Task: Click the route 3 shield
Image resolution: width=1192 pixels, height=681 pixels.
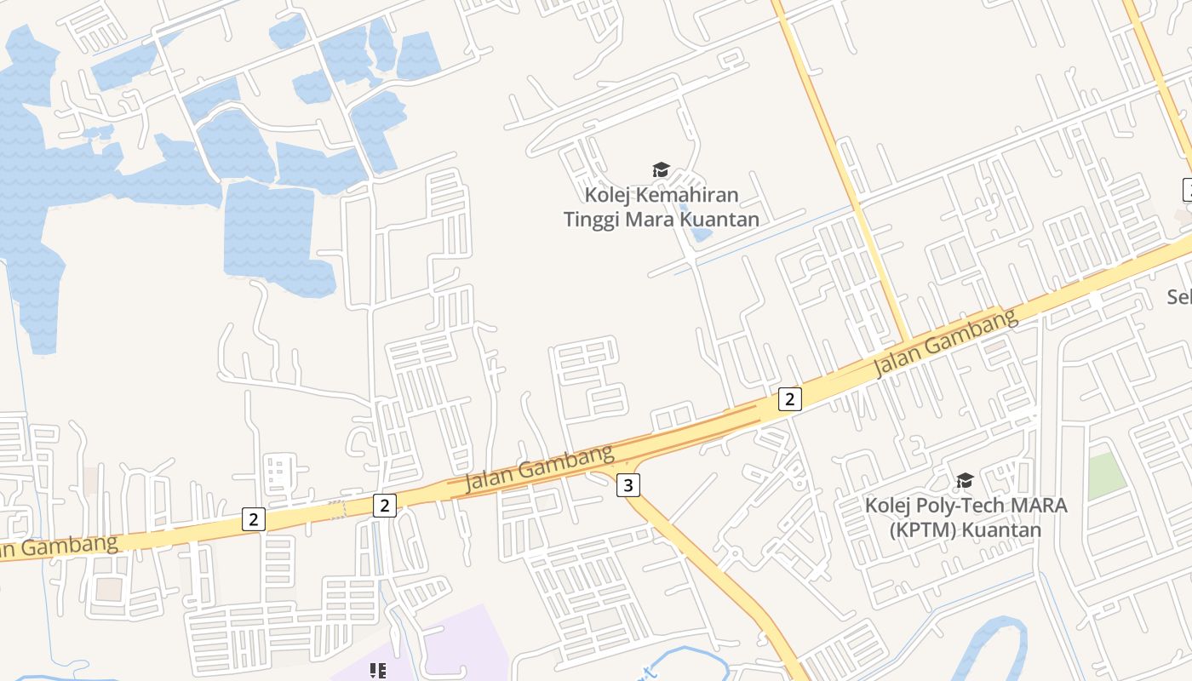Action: pos(628,485)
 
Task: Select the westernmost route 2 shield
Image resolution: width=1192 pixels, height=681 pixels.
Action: pos(253,519)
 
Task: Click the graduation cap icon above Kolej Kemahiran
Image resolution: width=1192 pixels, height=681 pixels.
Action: pos(661,169)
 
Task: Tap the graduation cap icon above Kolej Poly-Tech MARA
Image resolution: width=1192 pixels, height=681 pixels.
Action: pos(965,481)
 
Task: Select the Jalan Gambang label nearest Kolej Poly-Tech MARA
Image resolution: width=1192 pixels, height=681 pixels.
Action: pos(945,342)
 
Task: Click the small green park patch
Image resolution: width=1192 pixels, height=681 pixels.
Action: pos(1107,476)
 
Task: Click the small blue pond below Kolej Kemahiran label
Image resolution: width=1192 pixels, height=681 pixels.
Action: pos(701,232)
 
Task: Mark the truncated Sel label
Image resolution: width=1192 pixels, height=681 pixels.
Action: pos(1178,297)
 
